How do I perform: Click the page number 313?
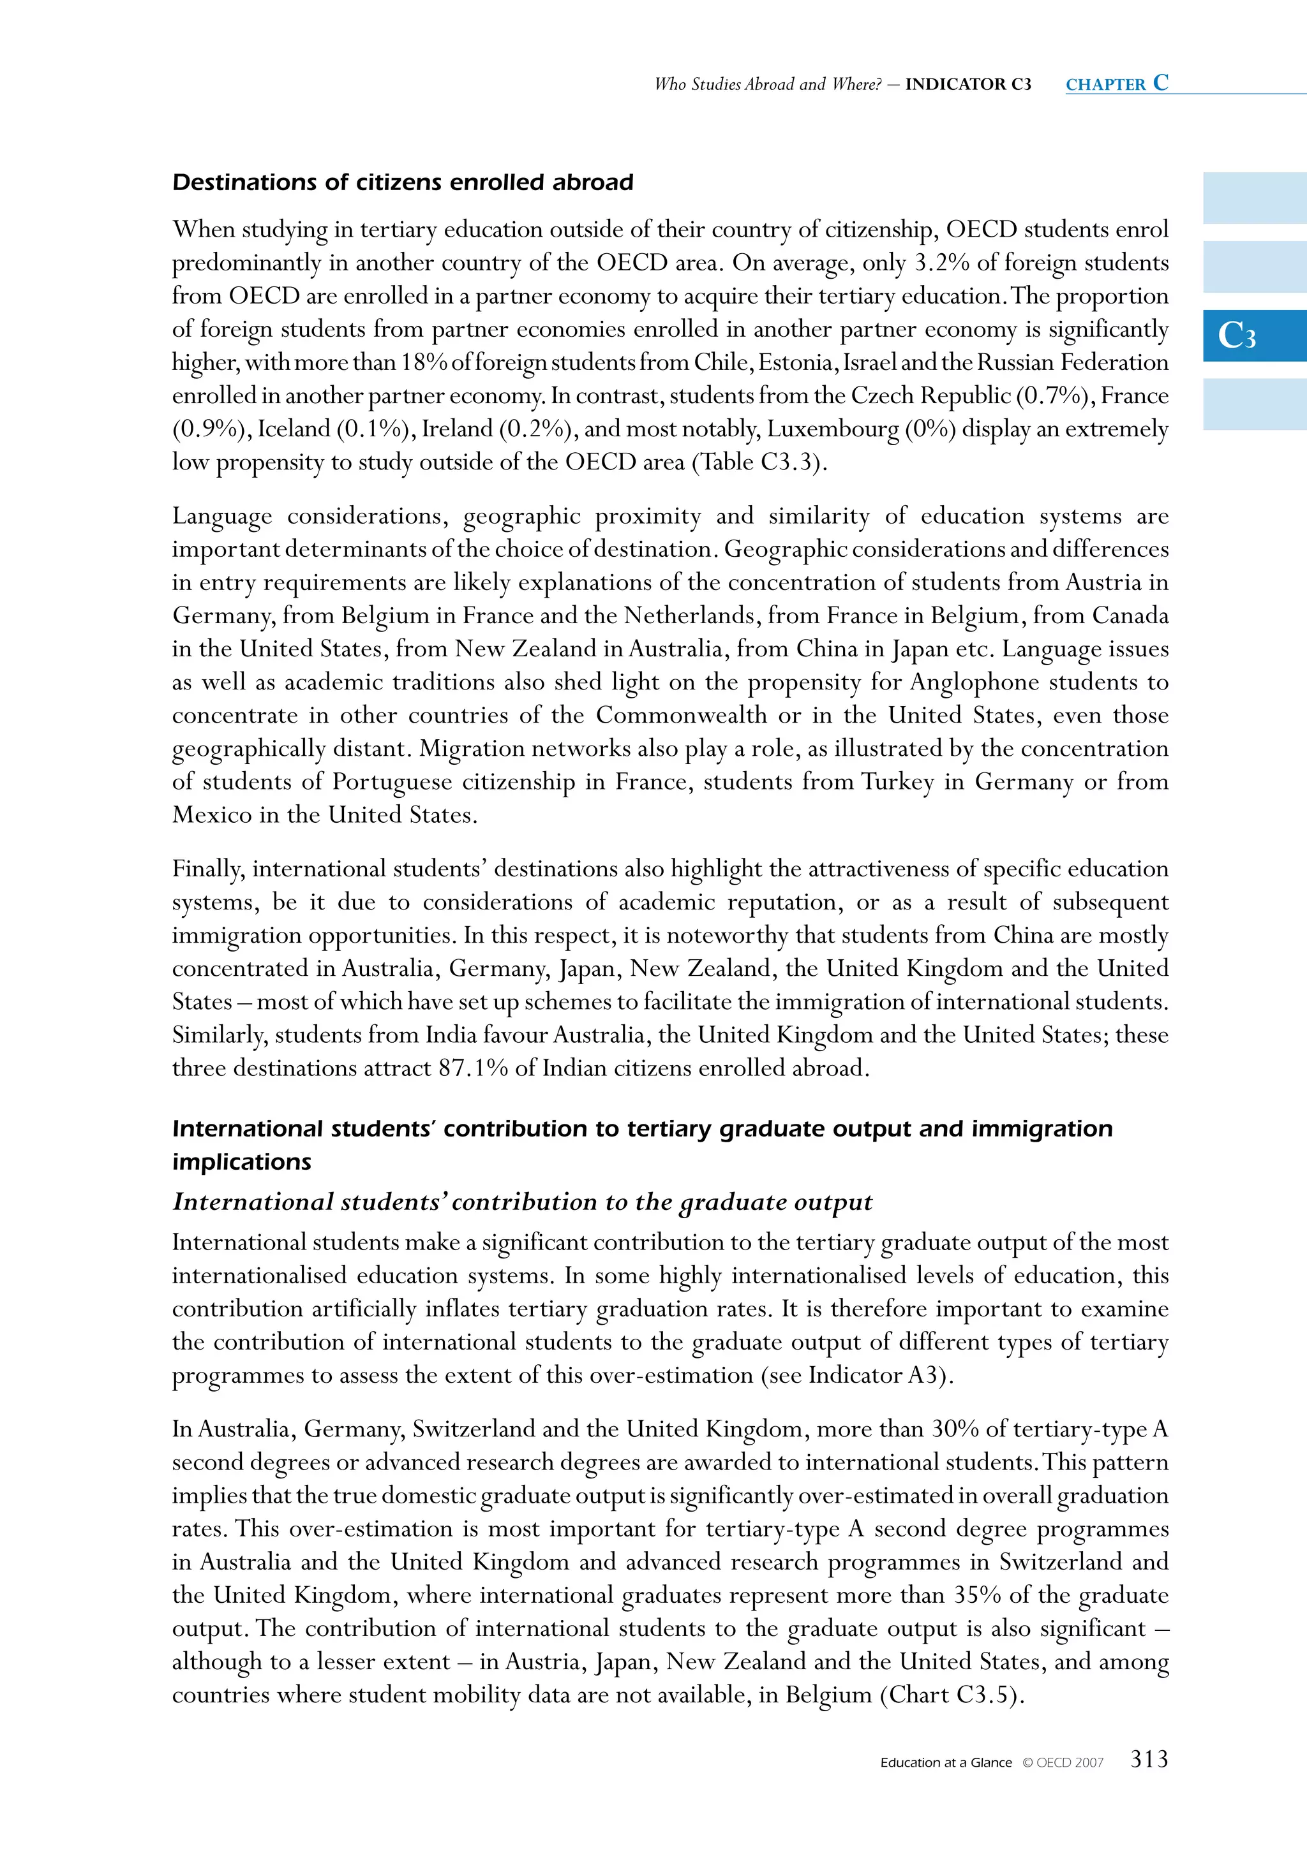(x=1149, y=1759)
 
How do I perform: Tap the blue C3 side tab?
(x=1253, y=335)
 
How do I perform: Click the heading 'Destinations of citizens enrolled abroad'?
(x=403, y=182)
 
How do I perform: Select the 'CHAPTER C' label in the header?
(x=1117, y=84)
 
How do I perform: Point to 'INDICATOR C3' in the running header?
(x=968, y=84)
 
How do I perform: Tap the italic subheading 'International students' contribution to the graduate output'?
(x=523, y=1202)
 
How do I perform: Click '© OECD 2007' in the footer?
(x=1062, y=1763)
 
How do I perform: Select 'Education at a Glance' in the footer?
(x=946, y=1763)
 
